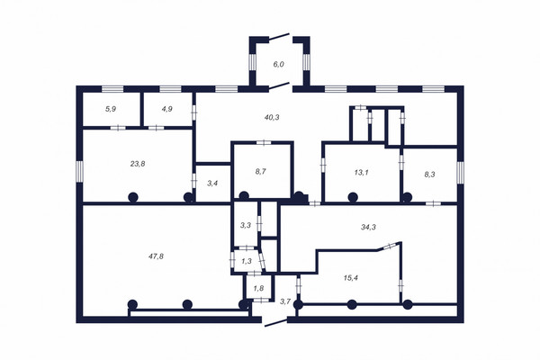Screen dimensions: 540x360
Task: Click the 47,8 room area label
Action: coord(157,256)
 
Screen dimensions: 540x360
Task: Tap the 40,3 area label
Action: coord(272,118)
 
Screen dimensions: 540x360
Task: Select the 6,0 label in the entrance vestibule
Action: coord(279,64)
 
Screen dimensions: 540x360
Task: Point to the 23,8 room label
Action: coord(138,164)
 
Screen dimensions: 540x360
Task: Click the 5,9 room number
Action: coord(111,109)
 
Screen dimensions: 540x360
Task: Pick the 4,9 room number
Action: coord(166,109)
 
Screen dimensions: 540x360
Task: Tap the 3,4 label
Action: coord(212,184)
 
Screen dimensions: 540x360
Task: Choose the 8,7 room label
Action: coord(260,172)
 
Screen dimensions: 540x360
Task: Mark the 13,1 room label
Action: coord(361,173)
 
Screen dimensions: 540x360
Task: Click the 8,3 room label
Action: coord(429,175)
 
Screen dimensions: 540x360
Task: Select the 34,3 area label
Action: coord(368,227)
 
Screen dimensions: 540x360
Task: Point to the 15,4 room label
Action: coord(351,278)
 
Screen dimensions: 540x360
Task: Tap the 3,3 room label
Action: coord(245,226)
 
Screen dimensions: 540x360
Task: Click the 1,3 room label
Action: coord(247,261)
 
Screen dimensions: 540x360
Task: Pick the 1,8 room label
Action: coord(258,288)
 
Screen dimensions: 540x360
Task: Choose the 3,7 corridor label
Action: coord(285,301)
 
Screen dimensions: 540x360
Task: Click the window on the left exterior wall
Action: coord(79,171)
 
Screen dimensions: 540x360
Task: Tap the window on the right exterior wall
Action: coord(461,173)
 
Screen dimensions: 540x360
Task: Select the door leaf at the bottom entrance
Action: coord(275,323)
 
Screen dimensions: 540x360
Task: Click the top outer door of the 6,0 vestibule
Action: coord(279,37)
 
